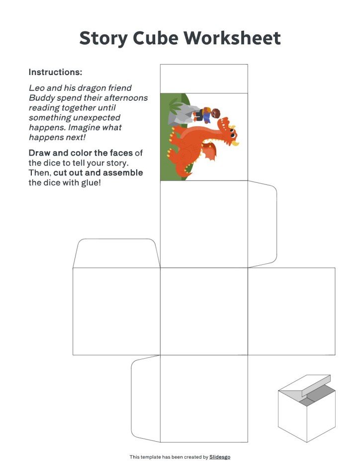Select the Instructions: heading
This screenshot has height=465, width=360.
click(x=55, y=72)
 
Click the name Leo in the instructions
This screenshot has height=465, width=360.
click(x=36, y=88)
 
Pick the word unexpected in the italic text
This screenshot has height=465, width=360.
click(x=94, y=118)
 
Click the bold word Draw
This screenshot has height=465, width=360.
click(x=40, y=153)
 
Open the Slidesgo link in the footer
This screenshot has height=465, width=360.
click(x=219, y=457)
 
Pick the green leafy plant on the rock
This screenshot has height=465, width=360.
click(x=174, y=105)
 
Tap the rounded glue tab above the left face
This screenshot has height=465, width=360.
click(x=116, y=253)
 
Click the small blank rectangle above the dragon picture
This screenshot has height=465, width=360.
click(x=204, y=78)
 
